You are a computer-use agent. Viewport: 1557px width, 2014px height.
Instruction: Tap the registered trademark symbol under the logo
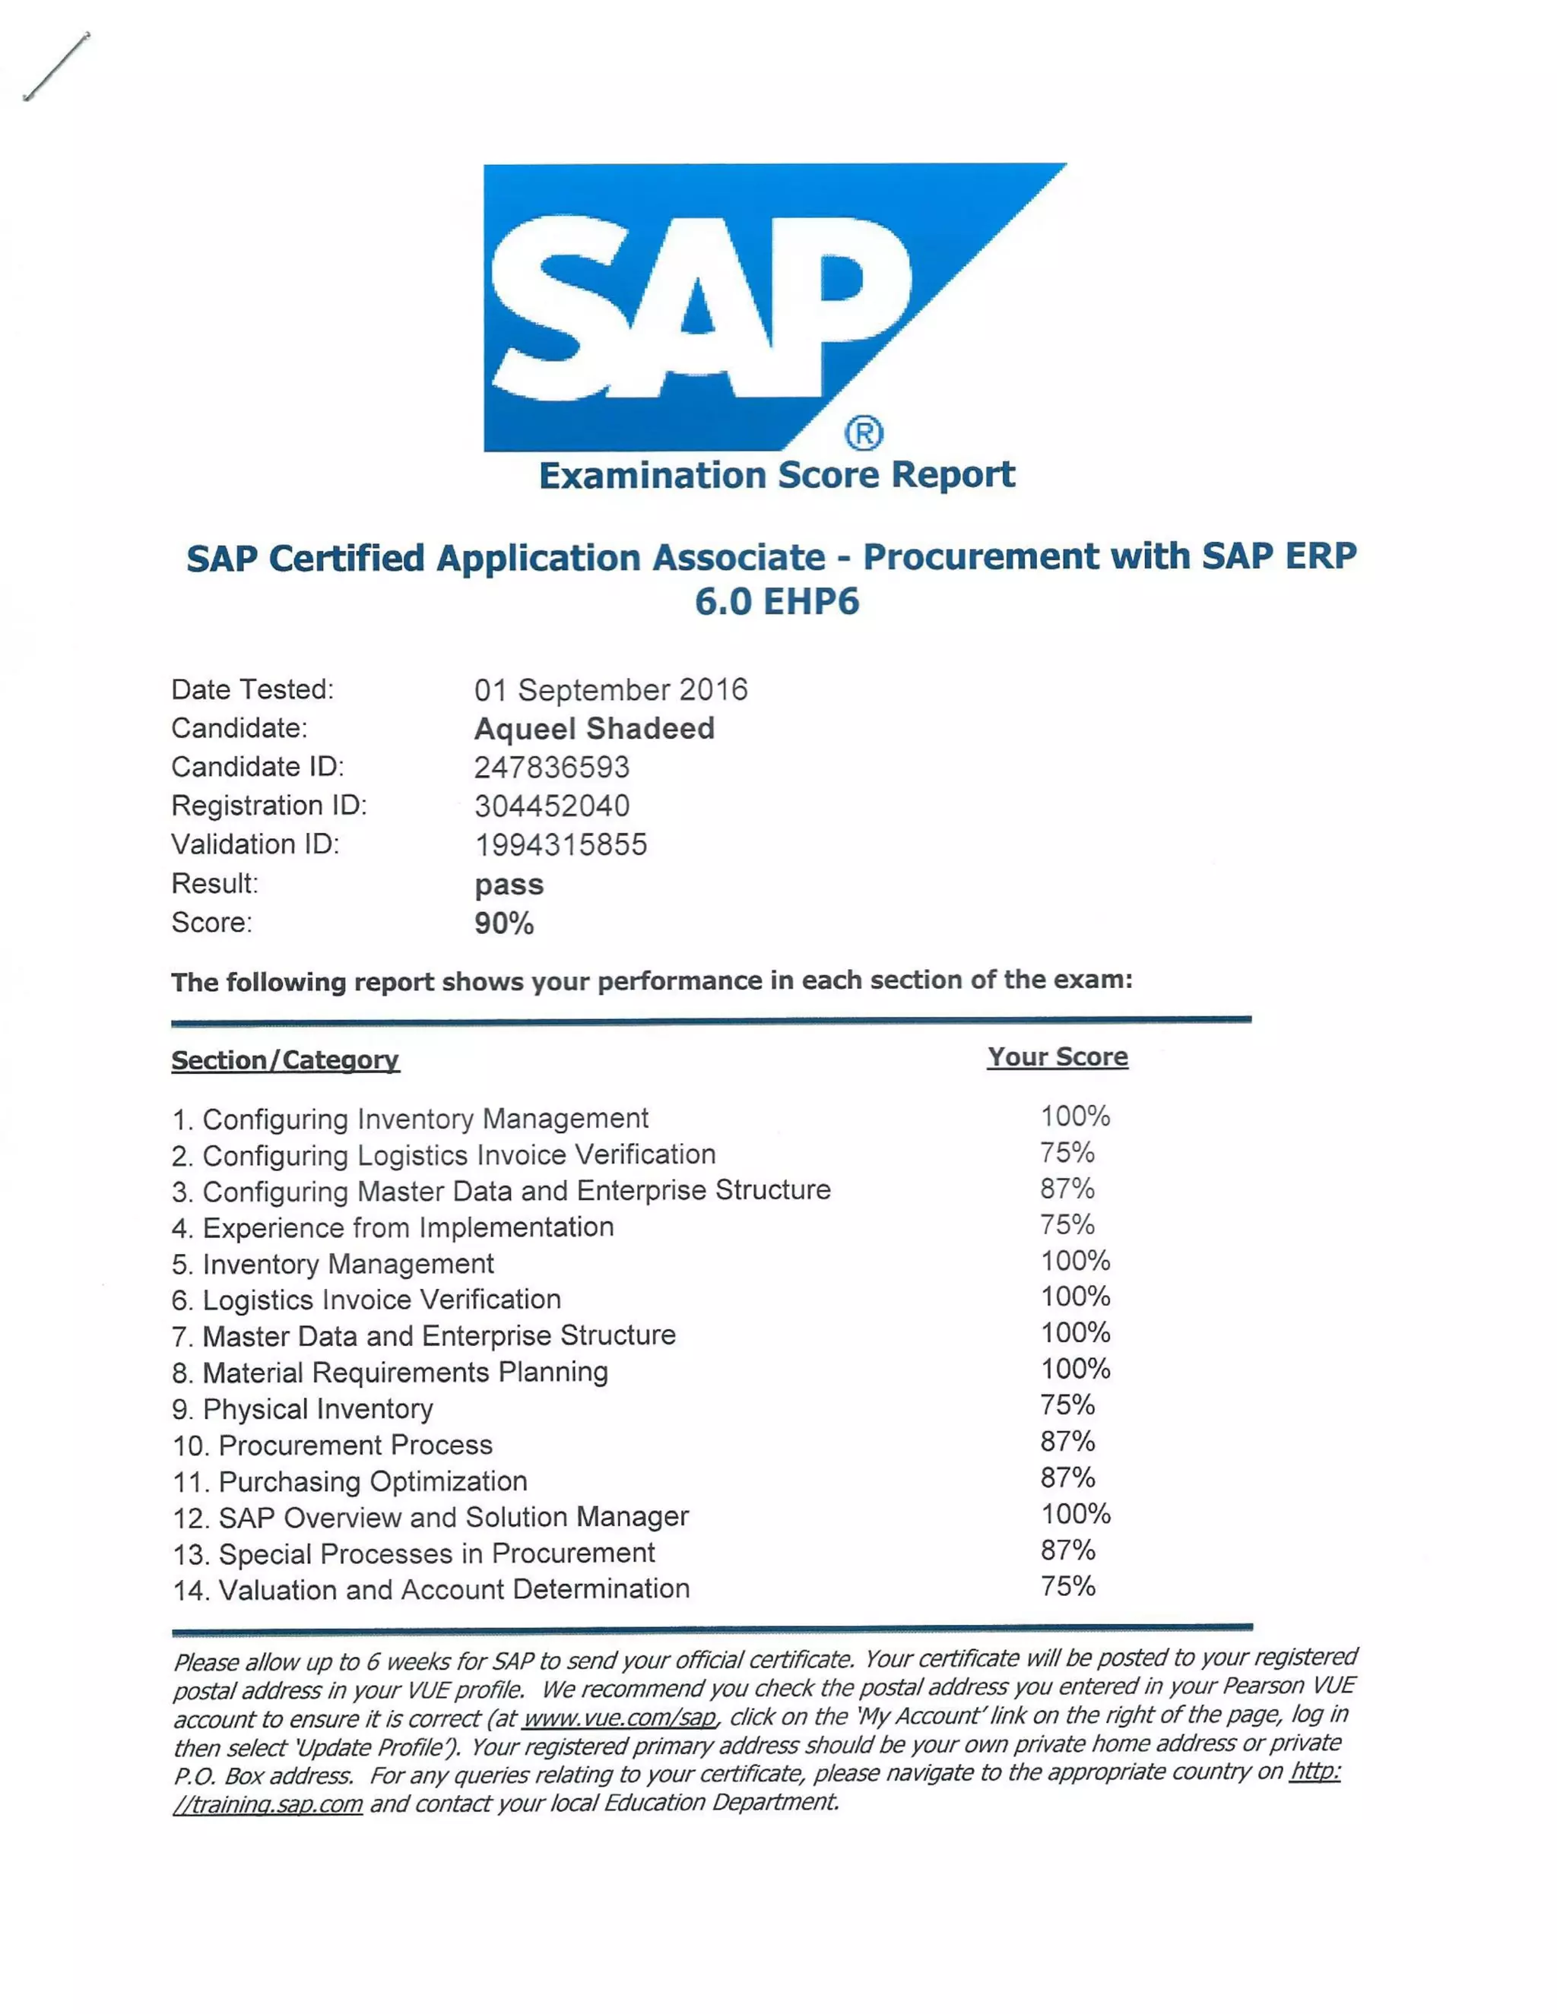pos(864,432)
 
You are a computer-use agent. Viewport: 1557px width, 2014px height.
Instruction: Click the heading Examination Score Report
pos(777,476)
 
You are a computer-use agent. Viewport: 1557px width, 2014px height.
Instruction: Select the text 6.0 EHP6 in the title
pos(777,602)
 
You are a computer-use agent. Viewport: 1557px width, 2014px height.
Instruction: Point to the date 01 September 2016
pos(610,690)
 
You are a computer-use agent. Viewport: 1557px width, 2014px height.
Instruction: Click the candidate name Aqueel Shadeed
pos(594,729)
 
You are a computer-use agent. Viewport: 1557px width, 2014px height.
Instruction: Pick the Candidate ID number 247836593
pos(552,768)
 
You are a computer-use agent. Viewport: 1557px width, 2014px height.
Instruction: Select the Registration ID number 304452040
pos(552,806)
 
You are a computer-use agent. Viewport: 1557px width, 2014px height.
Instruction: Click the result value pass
pos(509,885)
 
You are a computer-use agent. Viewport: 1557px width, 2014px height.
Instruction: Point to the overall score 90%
pos(503,923)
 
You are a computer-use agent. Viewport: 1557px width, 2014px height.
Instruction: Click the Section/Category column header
pos(285,1060)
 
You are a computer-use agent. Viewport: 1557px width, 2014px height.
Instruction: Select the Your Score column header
pos(1057,1057)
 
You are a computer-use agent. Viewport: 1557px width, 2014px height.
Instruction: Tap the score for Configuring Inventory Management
pos(1074,1116)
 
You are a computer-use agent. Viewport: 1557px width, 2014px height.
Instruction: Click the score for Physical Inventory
pos(1067,1405)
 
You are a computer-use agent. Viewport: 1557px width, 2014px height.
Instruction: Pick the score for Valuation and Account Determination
pos(1067,1586)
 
